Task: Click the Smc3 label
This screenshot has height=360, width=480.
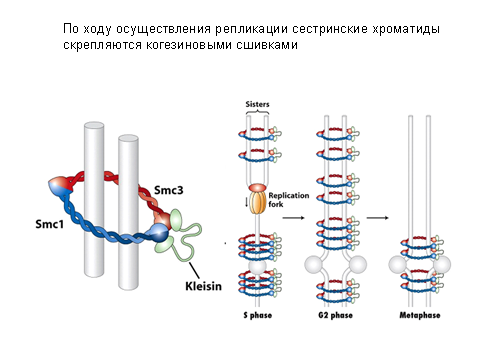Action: (x=169, y=190)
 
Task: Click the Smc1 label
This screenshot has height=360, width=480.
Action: (x=49, y=224)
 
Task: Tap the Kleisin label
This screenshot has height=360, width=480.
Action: (x=203, y=286)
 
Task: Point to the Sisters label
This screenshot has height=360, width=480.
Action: (x=257, y=104)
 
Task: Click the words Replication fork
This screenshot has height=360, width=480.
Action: (x=289, y=200)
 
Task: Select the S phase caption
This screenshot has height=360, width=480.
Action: (x=258, y=315)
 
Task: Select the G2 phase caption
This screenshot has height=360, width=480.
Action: (x=335, y=315)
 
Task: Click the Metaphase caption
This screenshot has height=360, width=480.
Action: (x=420, y=315)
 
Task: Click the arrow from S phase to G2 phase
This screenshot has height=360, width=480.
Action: (x=294, y=218)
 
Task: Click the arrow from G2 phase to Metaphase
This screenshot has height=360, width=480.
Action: (x=378, y=218)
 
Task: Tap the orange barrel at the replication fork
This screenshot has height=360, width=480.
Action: (x=257, y=203)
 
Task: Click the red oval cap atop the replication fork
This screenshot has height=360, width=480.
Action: (x=257, y=188)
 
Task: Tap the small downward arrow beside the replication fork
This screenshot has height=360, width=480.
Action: (x=246, y=202)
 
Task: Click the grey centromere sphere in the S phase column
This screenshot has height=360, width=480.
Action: (x=257, y=267)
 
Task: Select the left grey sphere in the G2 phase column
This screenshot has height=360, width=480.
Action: (x=314, y=265)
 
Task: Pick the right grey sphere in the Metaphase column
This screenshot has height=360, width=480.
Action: (x=442, y=265)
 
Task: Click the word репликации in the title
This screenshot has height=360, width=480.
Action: (x=251, y=29)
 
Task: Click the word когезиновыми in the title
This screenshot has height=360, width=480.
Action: (x=189, y=45)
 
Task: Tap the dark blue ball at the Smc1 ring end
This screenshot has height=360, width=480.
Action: (x=159, y=233)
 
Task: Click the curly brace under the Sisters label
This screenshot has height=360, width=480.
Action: (x=257, y=112)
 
